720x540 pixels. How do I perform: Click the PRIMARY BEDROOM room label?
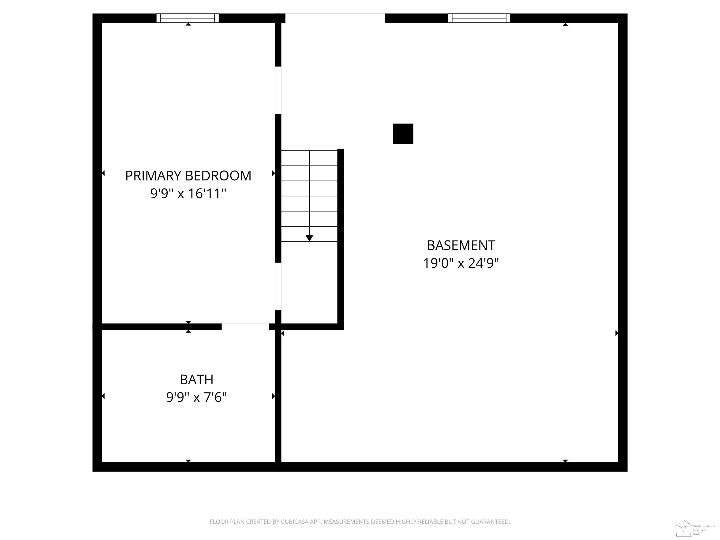(x=188, y=176)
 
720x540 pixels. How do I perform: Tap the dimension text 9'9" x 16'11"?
(x=188, y=194)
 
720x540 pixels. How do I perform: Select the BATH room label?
(x=196, y=379)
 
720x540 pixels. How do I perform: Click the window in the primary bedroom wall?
(x=187, y=18)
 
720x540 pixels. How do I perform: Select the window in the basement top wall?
(x=479, y=18)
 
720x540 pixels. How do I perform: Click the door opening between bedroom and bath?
(x=245, y=326)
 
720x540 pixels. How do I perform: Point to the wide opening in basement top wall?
(x=335, y=18)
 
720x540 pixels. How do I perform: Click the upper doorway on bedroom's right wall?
(x=278, y=90)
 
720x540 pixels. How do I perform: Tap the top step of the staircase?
(x=309, y=158)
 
